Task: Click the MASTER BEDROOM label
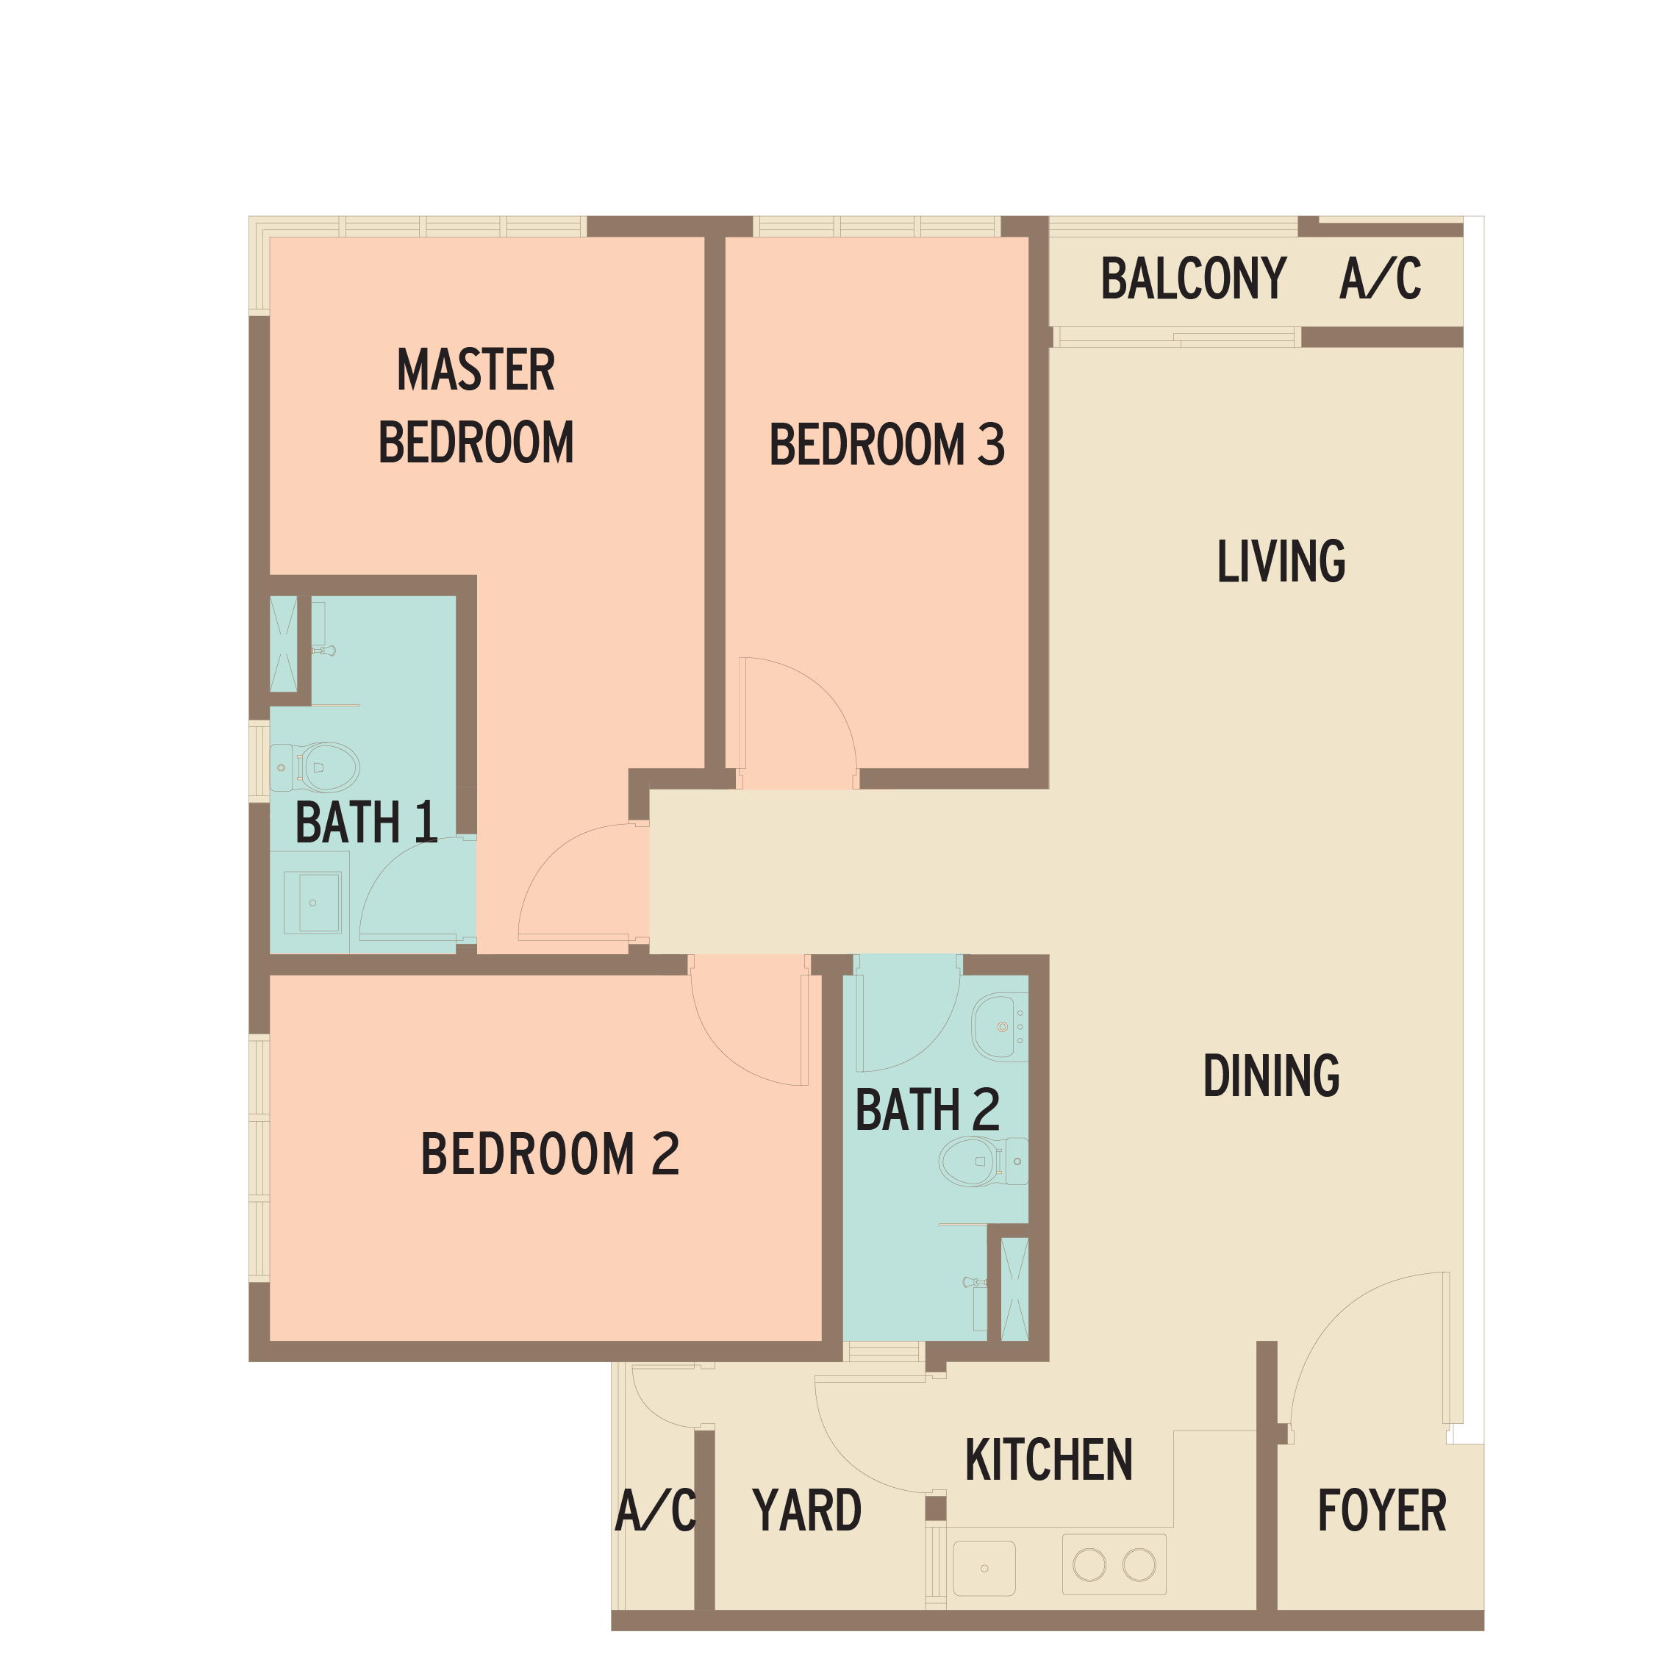476,406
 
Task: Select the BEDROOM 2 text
550,1153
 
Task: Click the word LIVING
1281,561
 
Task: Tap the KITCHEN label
1049,1460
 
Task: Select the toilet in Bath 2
984,1161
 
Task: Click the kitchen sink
984,1569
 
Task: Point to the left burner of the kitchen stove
1089,1565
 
